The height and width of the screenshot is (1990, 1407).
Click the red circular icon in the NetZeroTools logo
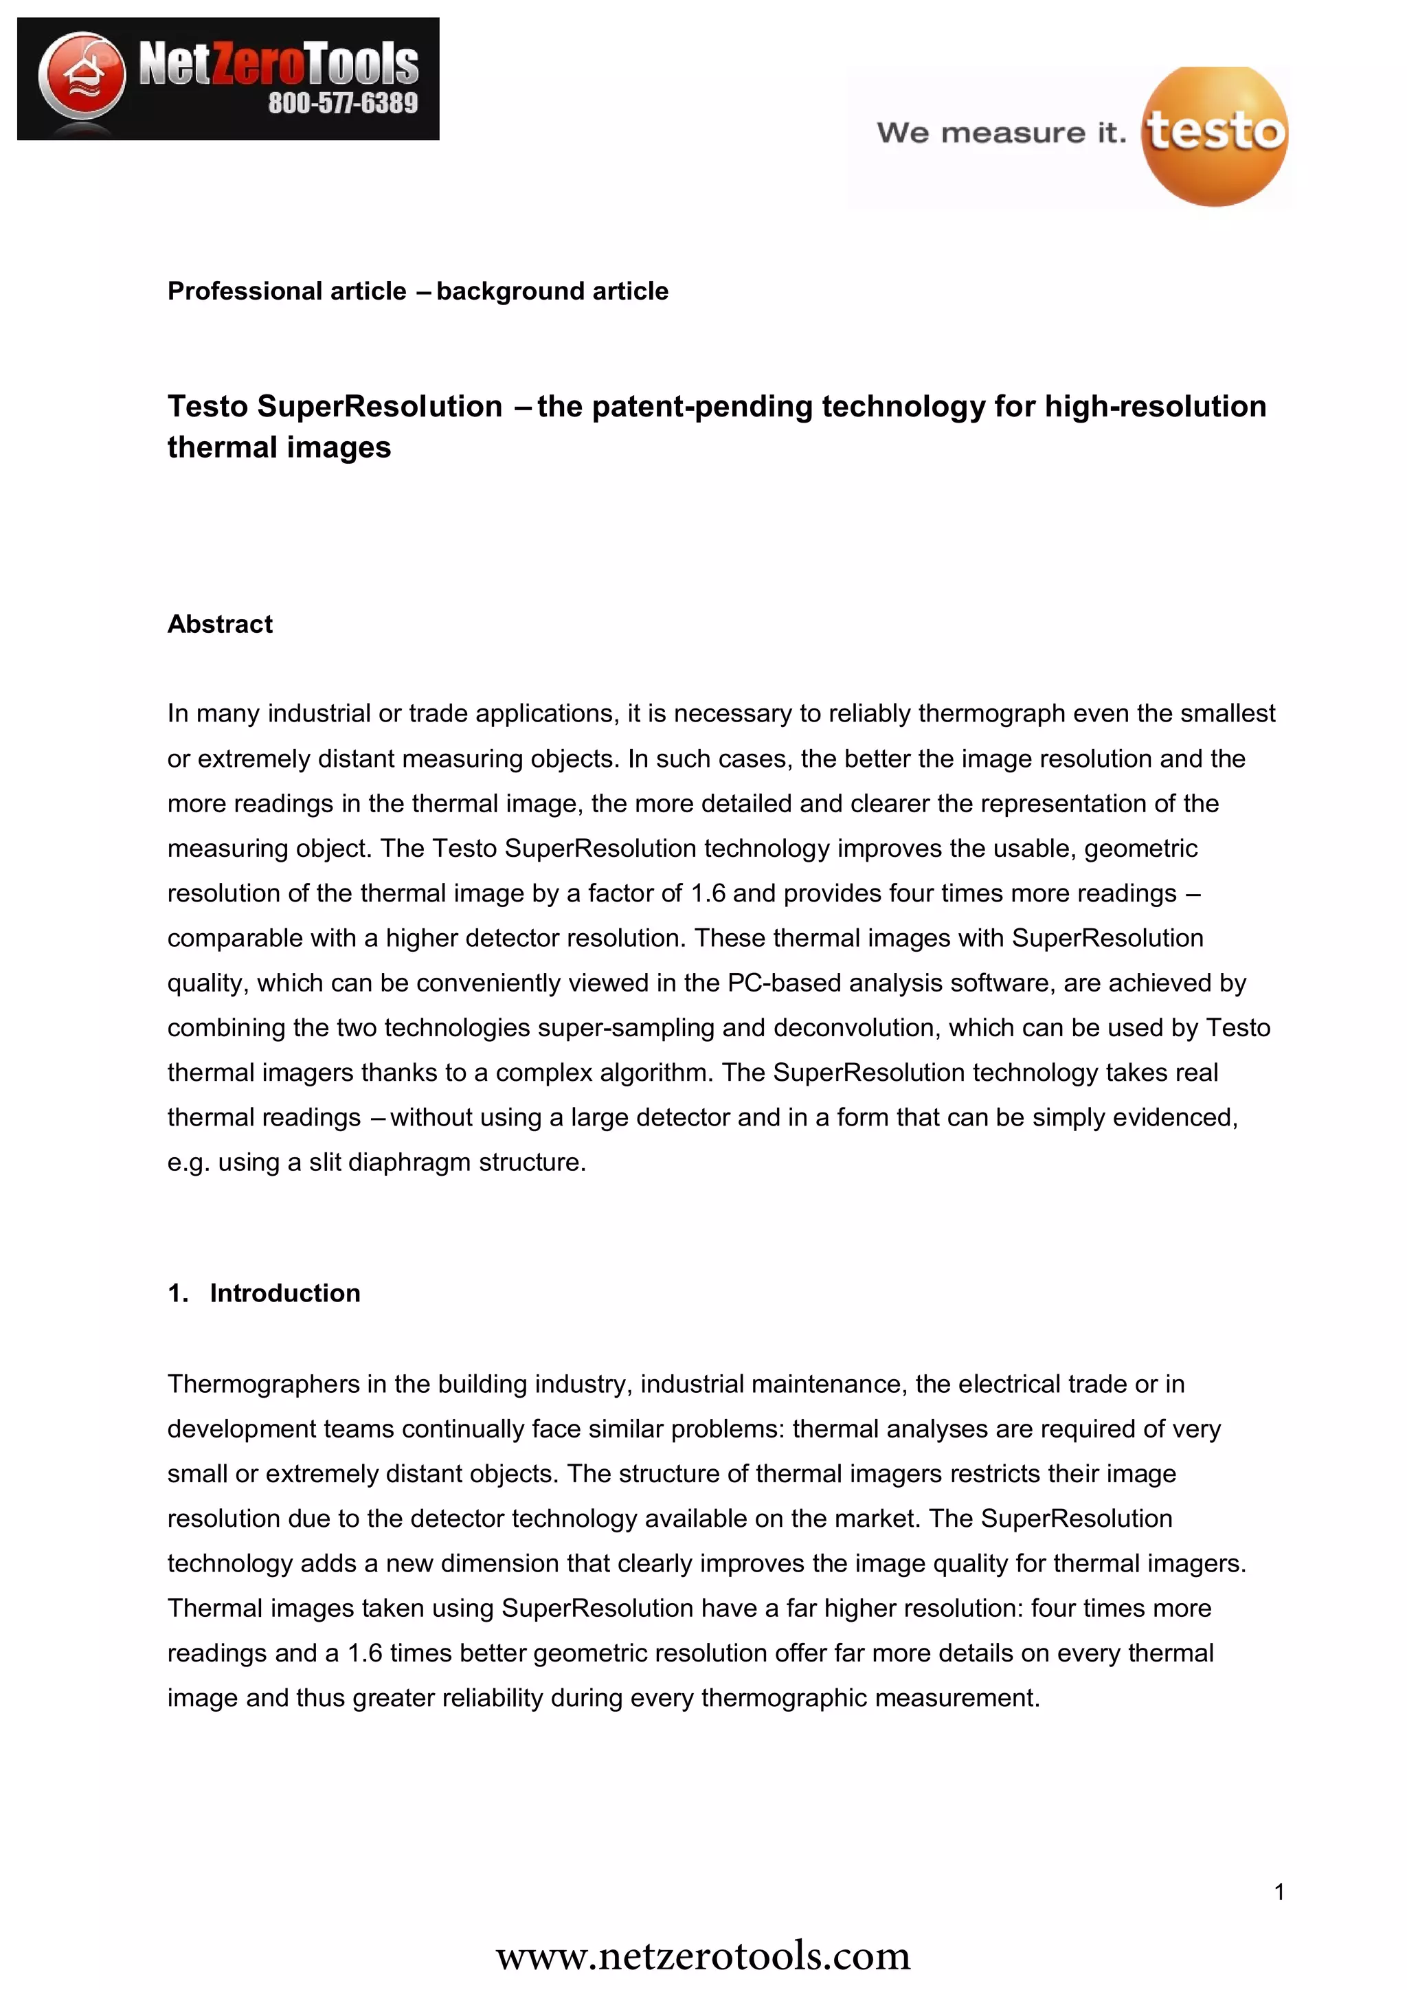pos(82,76)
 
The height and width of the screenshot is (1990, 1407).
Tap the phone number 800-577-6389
pos(343,103)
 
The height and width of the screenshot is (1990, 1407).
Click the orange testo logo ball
pos(1215,136)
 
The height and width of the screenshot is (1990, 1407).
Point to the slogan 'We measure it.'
pos(1002,133)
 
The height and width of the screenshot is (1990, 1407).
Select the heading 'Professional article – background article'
pos(418,291)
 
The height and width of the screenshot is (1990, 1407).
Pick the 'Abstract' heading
pos(220,624)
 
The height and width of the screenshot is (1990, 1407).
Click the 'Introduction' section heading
pos(284,1293)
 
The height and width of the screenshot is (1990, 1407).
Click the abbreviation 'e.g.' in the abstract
pos(189,1162)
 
